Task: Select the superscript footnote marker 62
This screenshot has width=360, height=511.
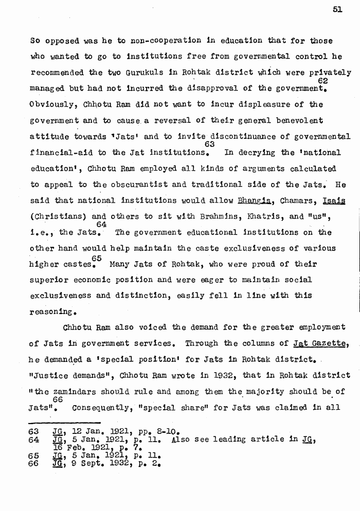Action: tap(323, 81)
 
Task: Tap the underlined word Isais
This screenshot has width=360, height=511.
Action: tap(334, 200)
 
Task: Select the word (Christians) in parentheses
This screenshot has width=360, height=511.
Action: tap(54, 216)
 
